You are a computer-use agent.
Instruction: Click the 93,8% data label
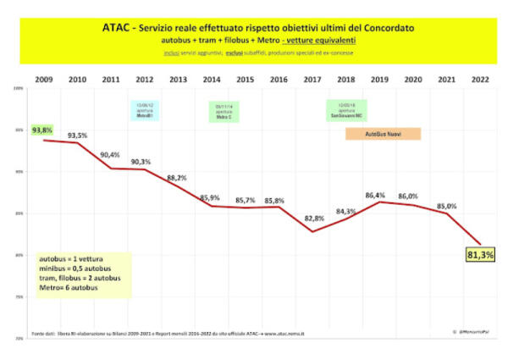coord(41,130)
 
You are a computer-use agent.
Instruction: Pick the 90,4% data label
coord(110,155)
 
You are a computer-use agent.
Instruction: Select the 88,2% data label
coord(177,178)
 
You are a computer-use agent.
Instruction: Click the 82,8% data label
coord(312,219)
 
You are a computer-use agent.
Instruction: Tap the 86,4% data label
coord(375,196)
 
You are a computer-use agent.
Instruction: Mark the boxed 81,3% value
coord(480,253)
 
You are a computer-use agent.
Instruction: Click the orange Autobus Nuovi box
coord(384,134)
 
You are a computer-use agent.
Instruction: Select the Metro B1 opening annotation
coord(144,110)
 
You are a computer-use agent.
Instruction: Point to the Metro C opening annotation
coord(224,110)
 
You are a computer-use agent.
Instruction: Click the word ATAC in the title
coord(116,27)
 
